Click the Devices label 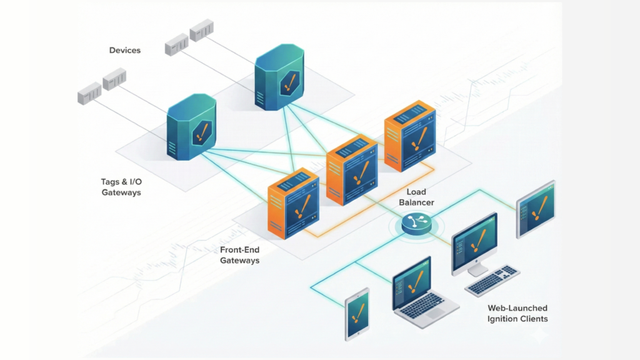[x=125, y=50]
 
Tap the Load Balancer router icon [x=417, y=222]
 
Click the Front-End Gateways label [x=239, y=255]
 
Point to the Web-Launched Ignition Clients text [x=517, y=314]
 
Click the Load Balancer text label [x=417, y=197]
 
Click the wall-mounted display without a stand [x=536, y=209]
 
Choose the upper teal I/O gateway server [x=279, y=77]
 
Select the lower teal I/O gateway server [x=191, y=128]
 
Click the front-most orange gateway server [x=293, y=202]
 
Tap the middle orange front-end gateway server [x=352, y=169]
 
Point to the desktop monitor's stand [x=477, y=269]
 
